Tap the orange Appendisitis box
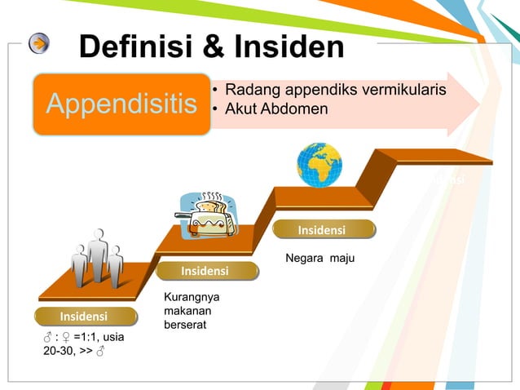121,104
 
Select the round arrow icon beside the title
39,43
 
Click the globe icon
319,165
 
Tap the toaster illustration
209,215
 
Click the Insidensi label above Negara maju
321,231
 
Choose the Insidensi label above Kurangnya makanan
205,271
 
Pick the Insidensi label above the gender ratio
84,316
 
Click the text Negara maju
319,259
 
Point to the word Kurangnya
192,297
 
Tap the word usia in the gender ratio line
111,336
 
